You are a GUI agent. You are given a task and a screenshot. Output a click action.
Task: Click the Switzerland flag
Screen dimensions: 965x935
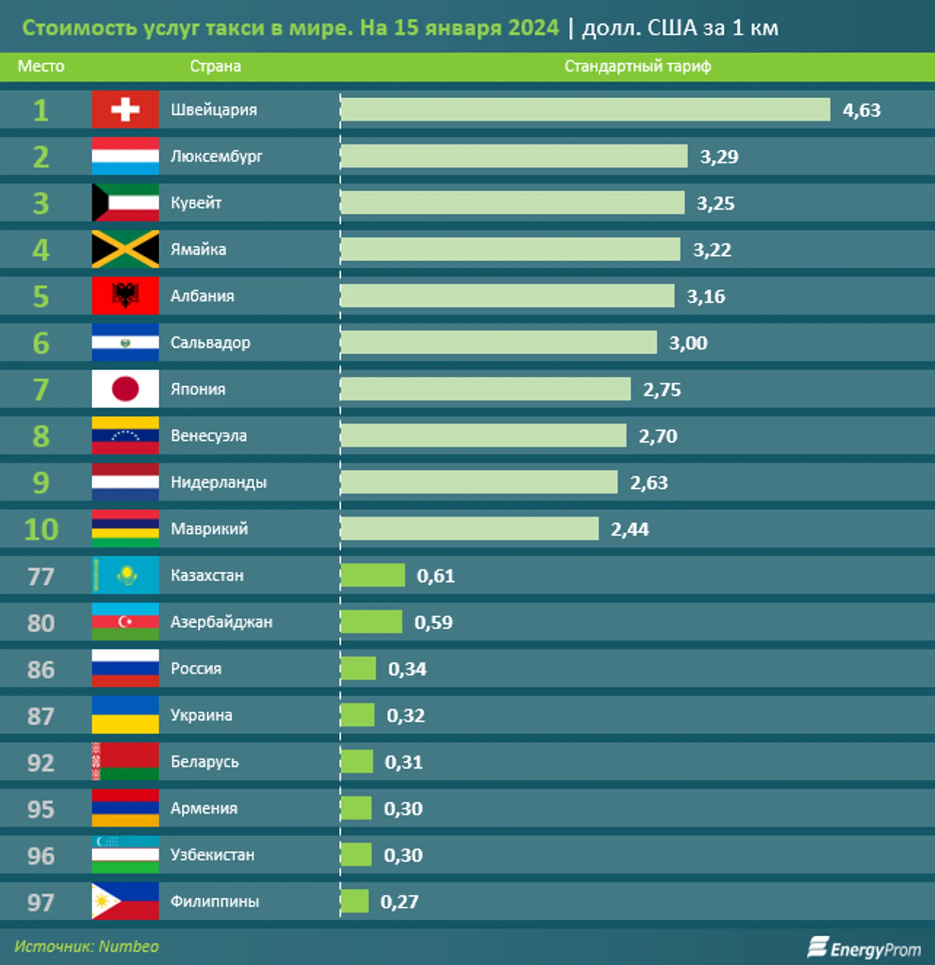[x=125, y=109]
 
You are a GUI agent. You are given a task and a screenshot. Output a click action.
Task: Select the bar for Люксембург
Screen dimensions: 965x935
[x=513, y=156]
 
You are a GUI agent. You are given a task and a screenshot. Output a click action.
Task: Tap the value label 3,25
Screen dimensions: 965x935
[x=715, y=203]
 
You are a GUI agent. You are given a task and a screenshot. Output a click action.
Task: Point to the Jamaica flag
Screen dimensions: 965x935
[x=125, y=249]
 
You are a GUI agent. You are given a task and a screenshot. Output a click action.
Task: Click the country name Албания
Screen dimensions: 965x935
[x=202, y=296]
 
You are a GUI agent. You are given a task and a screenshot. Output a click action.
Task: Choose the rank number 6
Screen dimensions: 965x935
[x=41, y=343]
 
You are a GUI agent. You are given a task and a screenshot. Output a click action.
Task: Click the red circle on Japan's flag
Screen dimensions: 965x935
[x=125, y=389]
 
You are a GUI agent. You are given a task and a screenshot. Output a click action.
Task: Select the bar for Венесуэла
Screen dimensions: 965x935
[x=483, y=436]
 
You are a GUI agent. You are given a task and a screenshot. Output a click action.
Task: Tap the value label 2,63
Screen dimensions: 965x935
[x=649, y=483]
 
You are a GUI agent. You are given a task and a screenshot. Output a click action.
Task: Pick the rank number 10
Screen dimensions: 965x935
[x=41, y=529]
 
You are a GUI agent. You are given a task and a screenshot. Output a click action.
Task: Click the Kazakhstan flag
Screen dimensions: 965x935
[x=125, y=575]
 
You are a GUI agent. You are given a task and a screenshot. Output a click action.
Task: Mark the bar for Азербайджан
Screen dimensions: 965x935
[x=371, y=622]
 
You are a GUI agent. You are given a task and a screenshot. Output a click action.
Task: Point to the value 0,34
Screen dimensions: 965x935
[x=407, y=669]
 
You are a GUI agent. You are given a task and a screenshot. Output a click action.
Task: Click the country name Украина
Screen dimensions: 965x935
[x=201, y=715]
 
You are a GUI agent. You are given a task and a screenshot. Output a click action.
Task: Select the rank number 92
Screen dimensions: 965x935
[x=41, y=763]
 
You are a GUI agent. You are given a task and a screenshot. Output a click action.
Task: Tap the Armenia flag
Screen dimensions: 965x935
[x=125, y=808]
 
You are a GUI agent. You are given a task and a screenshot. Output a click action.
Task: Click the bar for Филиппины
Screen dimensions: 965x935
[x=354, y=901]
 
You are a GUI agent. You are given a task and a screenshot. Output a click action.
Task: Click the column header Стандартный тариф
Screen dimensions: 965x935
[x=638, y=67]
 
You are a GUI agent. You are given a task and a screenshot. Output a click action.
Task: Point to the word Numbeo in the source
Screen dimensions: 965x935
[x=129, y=946]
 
